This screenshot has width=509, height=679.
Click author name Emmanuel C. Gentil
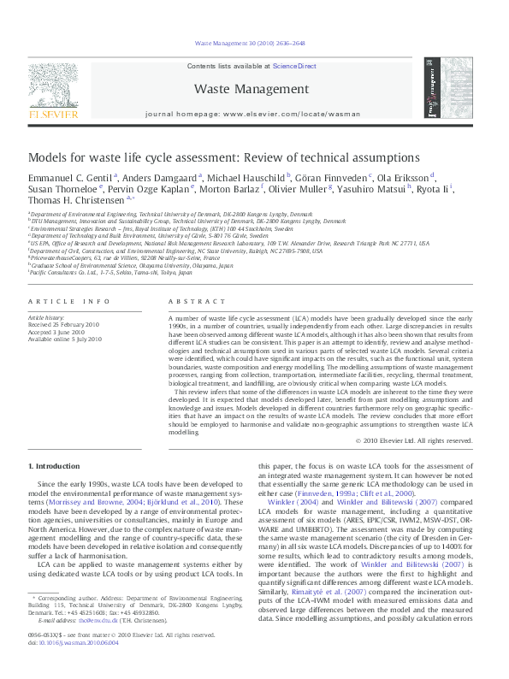(x=68, y=178)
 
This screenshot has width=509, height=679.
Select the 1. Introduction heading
(x=54, y=466)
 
